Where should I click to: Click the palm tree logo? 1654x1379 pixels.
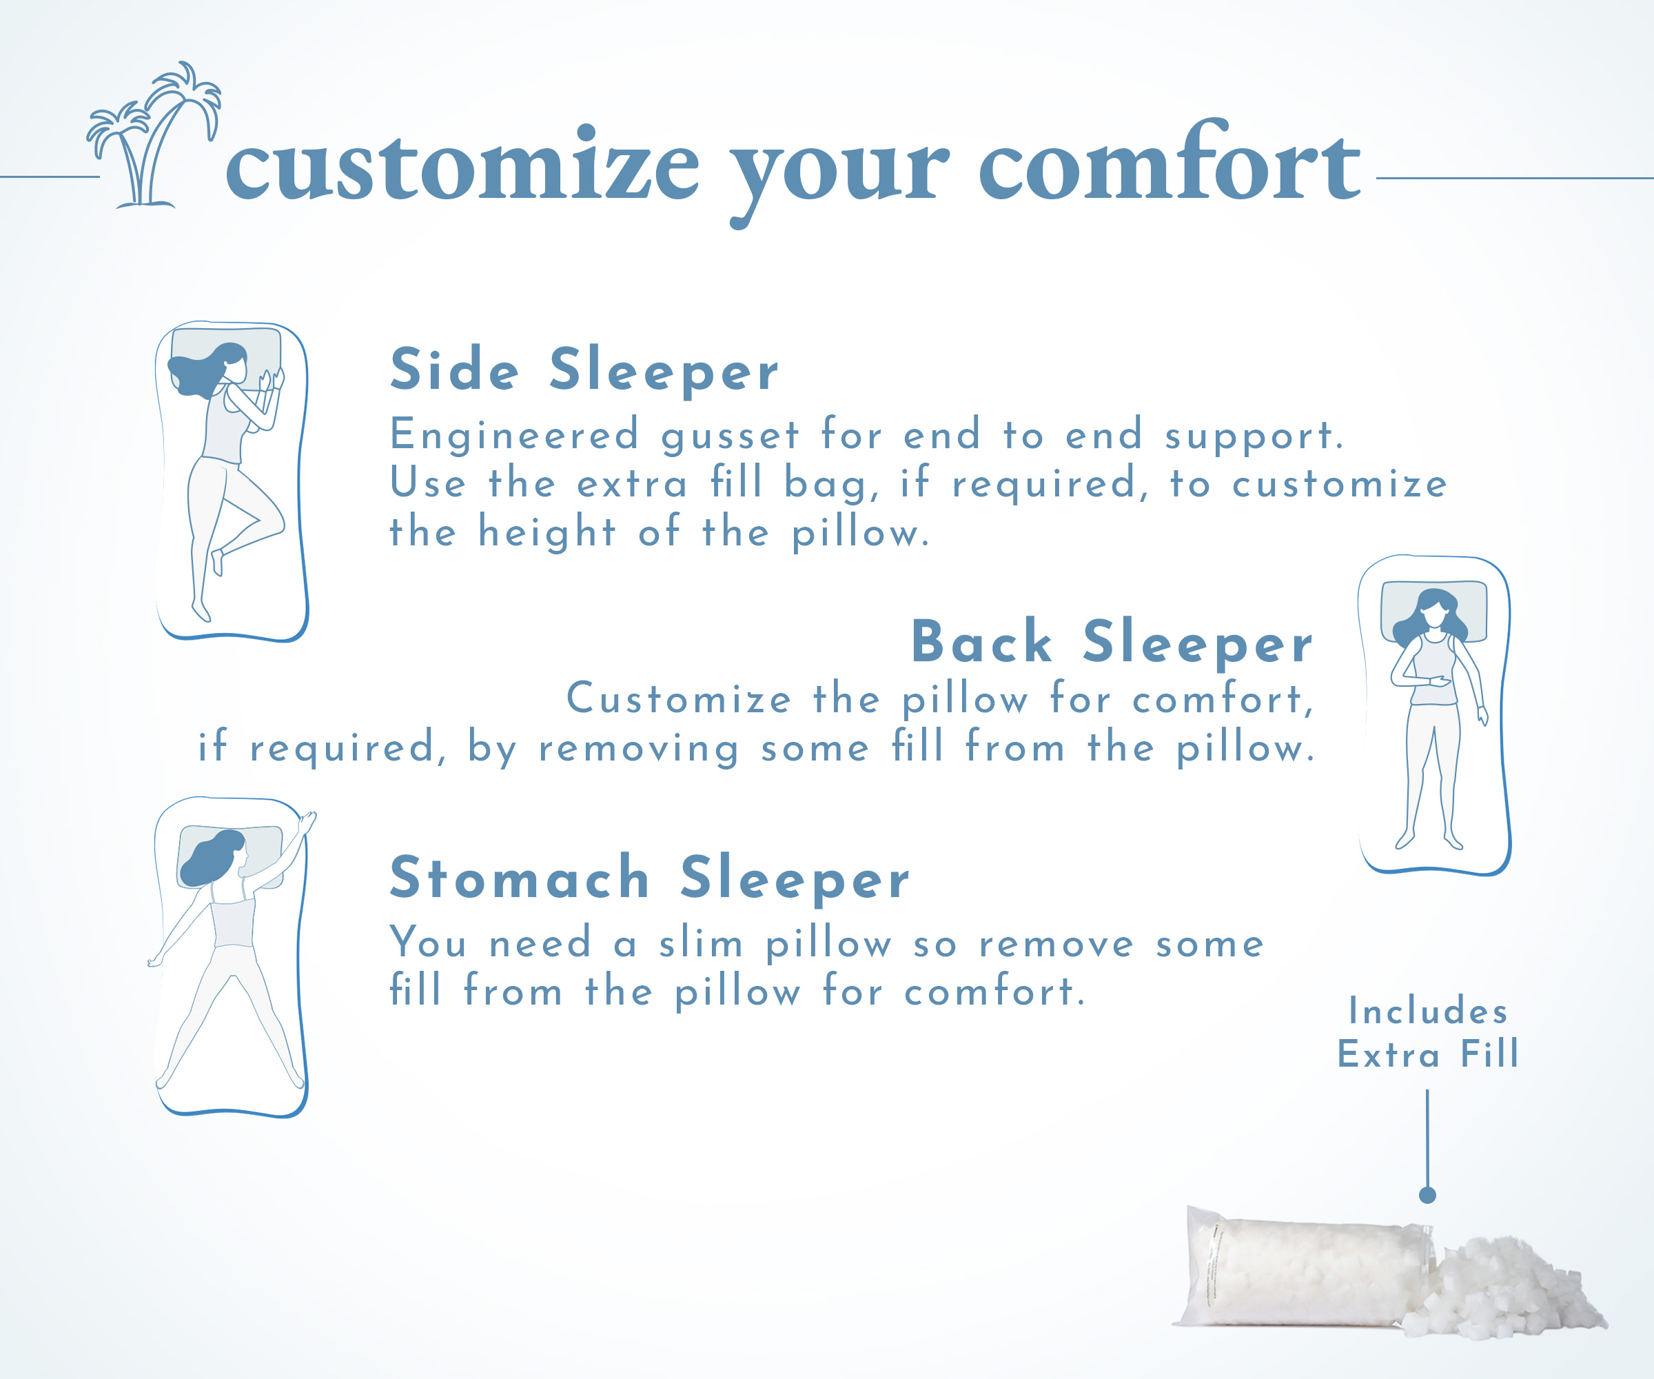point(154,136)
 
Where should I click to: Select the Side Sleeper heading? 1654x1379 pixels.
point(584,370)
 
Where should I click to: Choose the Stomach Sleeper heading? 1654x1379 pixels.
point(650,878)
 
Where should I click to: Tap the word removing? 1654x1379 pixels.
point(639,749)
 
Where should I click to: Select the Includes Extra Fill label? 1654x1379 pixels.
point(1428,1033)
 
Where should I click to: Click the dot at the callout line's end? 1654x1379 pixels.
point(1427,1196)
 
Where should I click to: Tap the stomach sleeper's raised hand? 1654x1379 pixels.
point(308,822)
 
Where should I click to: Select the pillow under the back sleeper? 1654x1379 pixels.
point(1434,612)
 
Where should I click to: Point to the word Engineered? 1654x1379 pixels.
point(514,434)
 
